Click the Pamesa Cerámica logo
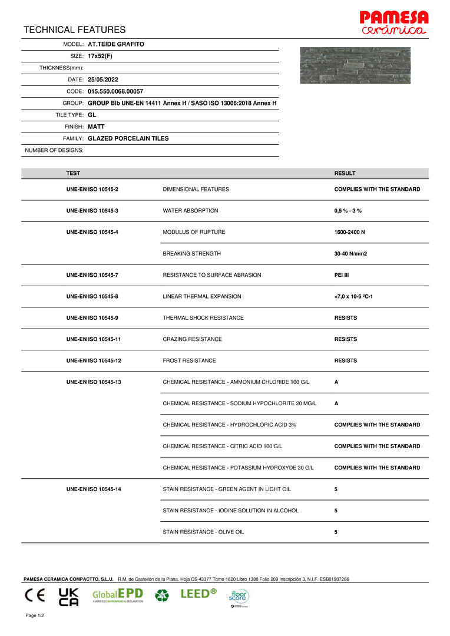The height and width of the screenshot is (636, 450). point(394,22)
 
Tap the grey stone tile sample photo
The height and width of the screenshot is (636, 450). point(355,65)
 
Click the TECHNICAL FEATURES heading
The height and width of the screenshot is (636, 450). point(75,29)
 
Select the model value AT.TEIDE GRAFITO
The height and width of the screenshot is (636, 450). point(116,44)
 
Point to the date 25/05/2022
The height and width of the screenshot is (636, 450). point(103,79)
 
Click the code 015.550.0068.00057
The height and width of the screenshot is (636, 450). point(115,91)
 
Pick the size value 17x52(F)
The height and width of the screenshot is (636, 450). point(100,56)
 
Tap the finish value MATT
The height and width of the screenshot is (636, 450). point(96,127)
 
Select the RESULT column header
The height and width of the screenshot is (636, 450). point(345,173)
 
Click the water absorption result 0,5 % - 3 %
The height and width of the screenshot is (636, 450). point(348,211)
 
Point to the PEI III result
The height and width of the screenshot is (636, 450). point(341,275)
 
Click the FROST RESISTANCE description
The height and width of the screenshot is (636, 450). point(189,360)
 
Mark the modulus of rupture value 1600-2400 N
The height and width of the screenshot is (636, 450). point(349,232)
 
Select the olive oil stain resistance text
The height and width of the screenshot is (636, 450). point(203,532)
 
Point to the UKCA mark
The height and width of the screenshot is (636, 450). point(69,597)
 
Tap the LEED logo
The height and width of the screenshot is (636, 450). point(198,594)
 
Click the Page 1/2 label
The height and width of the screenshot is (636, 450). point(35,615)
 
